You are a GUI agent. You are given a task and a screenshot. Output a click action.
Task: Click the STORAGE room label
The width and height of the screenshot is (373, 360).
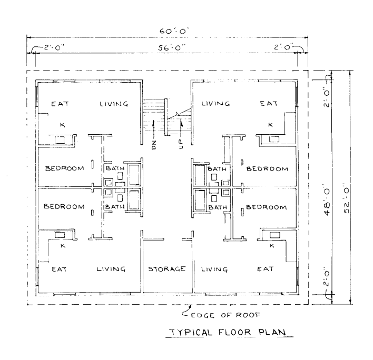(166, 269)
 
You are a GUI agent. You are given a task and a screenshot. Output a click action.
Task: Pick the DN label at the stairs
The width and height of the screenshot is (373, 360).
(154, 144)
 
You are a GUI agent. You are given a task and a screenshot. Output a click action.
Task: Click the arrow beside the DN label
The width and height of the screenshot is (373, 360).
(154, 127)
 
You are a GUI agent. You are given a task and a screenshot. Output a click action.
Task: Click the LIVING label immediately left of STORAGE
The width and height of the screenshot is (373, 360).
(111, 269)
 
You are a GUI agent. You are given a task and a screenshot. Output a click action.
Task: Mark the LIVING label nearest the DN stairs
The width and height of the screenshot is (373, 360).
(114, 104)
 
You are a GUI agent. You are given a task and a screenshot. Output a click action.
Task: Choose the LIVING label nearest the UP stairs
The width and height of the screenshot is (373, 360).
(215, 104)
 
